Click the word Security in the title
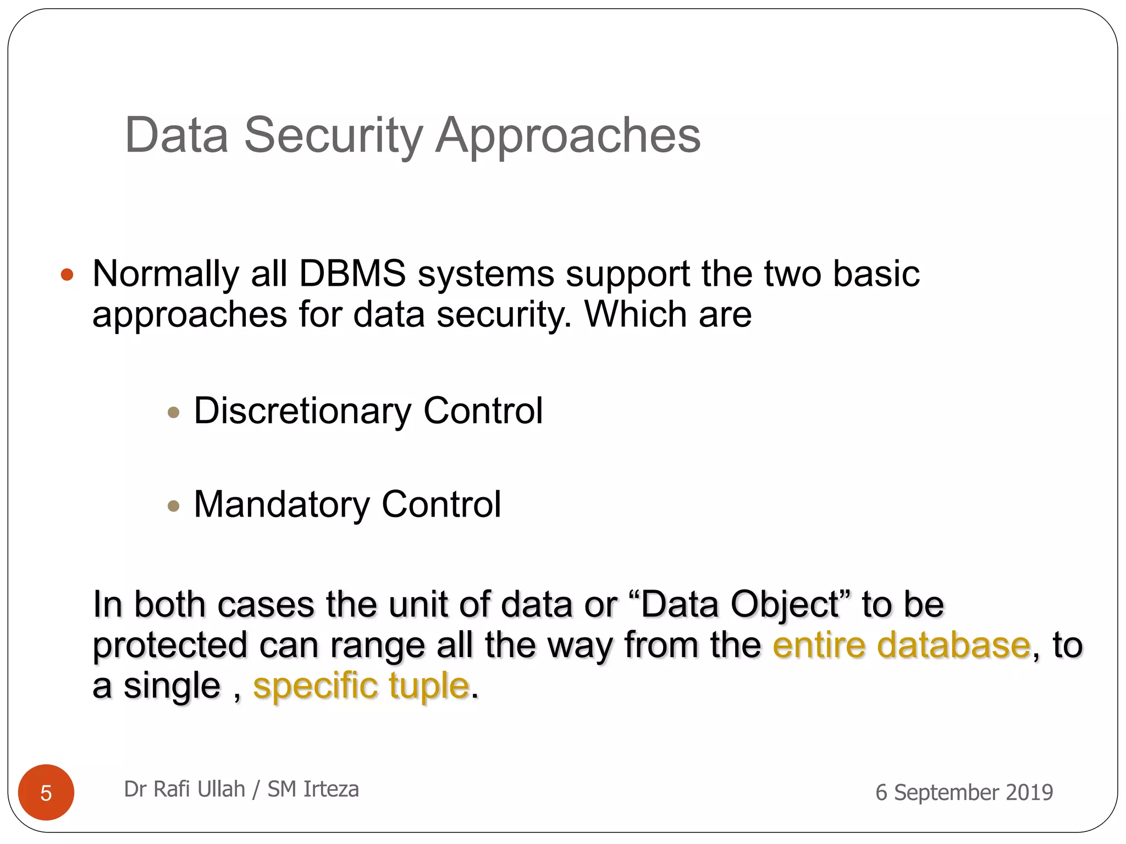[333, 136]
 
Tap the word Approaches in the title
[568, 136]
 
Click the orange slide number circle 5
[46, 792]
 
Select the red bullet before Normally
[67, 274]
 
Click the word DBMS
[352, 274]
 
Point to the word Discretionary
[302, 411]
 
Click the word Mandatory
[282, 504]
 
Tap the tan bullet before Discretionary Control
[174, 412]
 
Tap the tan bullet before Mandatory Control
[174, 506]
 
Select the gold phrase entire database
[901, 645]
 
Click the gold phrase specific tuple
[361, 686]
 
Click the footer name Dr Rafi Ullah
[184, 789]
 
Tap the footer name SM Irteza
[313, 789]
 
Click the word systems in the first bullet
[485, 274]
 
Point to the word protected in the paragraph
[170, 645]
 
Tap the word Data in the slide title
[176, 136]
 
